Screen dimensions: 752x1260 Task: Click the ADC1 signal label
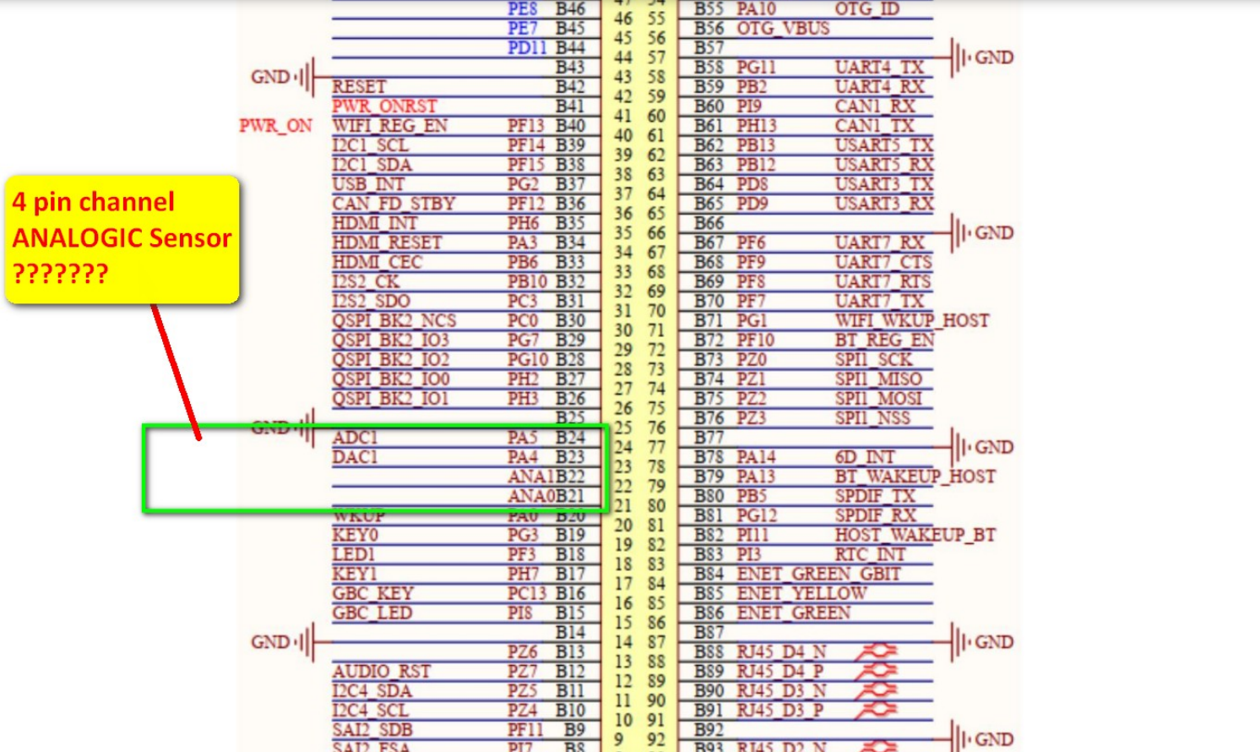pyautogui.click(x=355, y=438)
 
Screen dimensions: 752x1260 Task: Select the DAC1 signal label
pyautogui.click(x=355, y=457)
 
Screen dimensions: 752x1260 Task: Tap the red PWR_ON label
pyautogui.click(x=275, y=126)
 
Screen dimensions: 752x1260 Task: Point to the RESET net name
pyautogui.click(x=359, y=87)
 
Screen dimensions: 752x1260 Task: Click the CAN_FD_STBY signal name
pyautogui.click(x=394, y=204)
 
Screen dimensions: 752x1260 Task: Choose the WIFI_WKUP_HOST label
pyautogui.click(x=911, y=320)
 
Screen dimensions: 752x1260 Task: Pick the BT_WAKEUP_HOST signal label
pyautogui.click(x=915, y=477)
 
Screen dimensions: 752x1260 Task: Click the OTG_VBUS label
pyautogui.click(x=783, y=29)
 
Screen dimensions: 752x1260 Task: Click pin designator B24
pyautogui.click(x=570, y=438)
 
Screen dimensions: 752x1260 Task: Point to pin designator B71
pyautogui.click(x=709, y=320)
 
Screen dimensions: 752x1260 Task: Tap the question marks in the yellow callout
pyautogui.click(x=60, y=274)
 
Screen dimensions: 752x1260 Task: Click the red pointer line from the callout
pyautogui.click(x=176, y=372)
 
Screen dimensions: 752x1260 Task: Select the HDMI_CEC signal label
pyautogui.click(x=377, y=262)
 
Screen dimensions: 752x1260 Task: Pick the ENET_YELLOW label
pyautogui.click(x=801, y=593)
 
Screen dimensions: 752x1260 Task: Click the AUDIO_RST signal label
pyautogui.click(x=381, y=672)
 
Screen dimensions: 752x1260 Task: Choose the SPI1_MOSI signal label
pyautogui.click(x=878, y=399)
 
